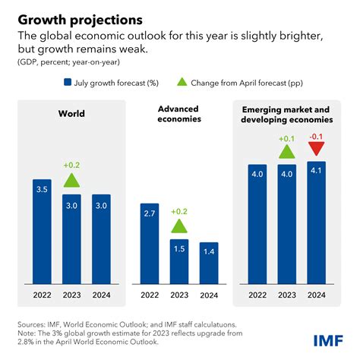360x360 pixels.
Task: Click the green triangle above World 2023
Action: [71, 180]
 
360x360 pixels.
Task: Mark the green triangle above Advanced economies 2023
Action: [179, 226]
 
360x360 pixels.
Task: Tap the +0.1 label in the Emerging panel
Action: [287, 138]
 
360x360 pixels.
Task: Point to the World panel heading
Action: [71, 115]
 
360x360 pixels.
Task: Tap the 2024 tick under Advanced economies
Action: [207, 295]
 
